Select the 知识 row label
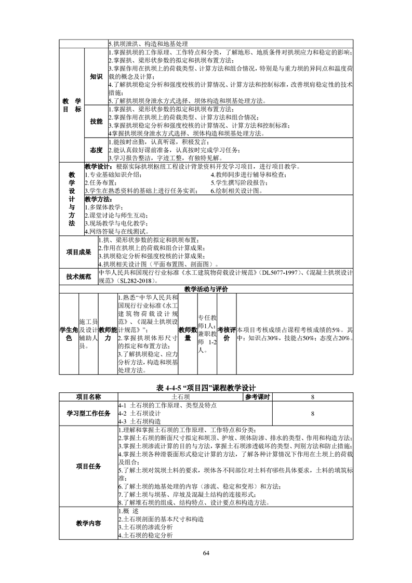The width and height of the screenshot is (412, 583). pos(96,77)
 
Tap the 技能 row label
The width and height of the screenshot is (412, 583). pos(96,121)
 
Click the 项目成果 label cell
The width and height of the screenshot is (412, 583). pos(78,253)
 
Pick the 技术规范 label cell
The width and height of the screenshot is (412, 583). pos(78,276)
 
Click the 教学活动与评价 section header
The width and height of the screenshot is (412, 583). pos(206,288)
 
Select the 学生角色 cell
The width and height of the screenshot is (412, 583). pos(69,334)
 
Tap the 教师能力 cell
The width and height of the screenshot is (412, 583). pos(108,334)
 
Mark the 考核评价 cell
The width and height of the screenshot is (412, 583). pos(226,334)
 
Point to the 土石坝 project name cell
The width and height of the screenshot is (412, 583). pos(180,397)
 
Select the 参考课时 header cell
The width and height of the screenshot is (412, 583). pos(257,397)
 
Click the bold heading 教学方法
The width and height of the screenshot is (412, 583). pos(98,199)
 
